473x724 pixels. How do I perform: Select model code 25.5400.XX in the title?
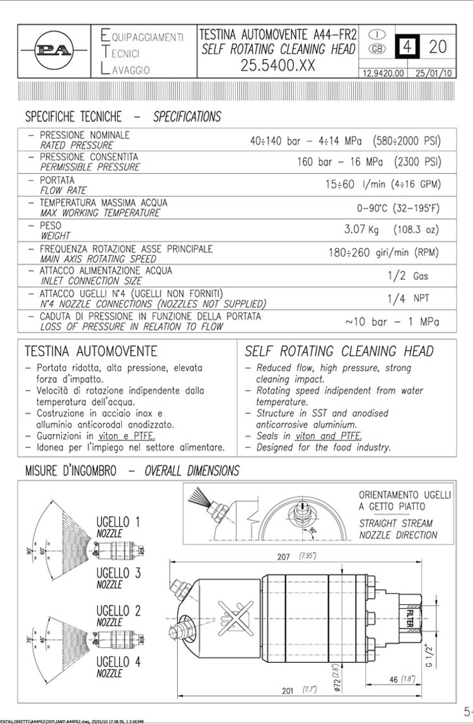click(278, 66)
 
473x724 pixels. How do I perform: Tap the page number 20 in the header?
click(438, 46)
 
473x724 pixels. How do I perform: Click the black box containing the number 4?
click(407, 47)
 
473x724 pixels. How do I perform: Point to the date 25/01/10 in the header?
click(434, 73)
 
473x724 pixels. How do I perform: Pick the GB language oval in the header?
click(376, 49)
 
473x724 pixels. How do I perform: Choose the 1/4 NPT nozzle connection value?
click(407, 299)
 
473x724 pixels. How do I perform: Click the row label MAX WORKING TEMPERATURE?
click(100, 213)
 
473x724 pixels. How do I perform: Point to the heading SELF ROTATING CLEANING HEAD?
click(339, 351)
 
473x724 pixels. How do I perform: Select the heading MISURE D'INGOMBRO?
click(70, 471)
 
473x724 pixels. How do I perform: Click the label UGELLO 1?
click(118, 522)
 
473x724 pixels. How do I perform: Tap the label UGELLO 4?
click(118, 662)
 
